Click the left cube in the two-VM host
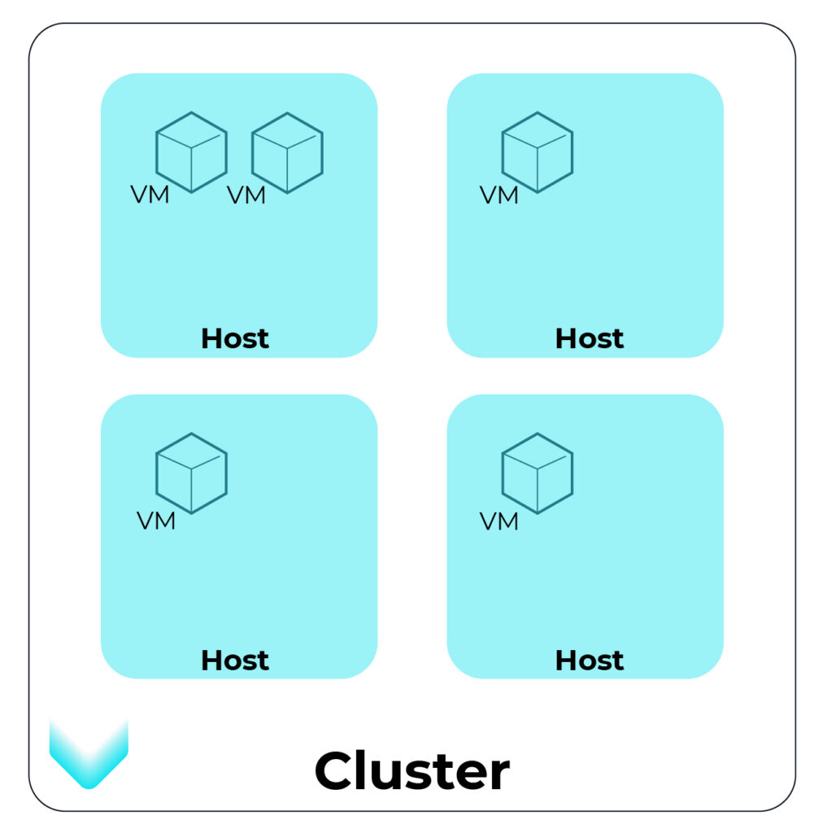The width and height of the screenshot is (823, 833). [x=191, y=152]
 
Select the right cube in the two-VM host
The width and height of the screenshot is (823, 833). [x=287, y=152]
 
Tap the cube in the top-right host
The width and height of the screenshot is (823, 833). [x=538, y=152]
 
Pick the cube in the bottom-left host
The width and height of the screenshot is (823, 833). [x=191, y=473]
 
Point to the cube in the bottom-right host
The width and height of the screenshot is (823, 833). [x=538, y=473]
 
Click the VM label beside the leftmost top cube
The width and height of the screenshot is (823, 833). [x=150, y=195]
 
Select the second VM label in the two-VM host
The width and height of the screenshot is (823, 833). [x=246, y=195]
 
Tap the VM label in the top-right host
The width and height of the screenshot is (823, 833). [x=499, y=195]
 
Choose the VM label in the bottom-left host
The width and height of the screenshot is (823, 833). [x=156, y=521]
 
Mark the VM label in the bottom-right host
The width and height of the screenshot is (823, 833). [x=499, y=521]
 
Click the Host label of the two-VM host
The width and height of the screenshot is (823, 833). [x=235, y=338]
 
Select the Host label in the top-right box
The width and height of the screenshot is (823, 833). [x=590, y=338]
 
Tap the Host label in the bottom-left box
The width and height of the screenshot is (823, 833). [x=235, y=660]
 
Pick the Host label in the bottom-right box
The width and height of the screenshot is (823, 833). [x=590, y=660]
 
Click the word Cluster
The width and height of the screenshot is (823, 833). [x=412, y=770]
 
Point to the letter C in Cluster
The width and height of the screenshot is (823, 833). [x=335, y=771]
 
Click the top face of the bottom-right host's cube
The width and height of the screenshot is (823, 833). [x=538, y=452]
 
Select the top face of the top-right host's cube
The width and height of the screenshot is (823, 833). [x=538, y=131]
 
